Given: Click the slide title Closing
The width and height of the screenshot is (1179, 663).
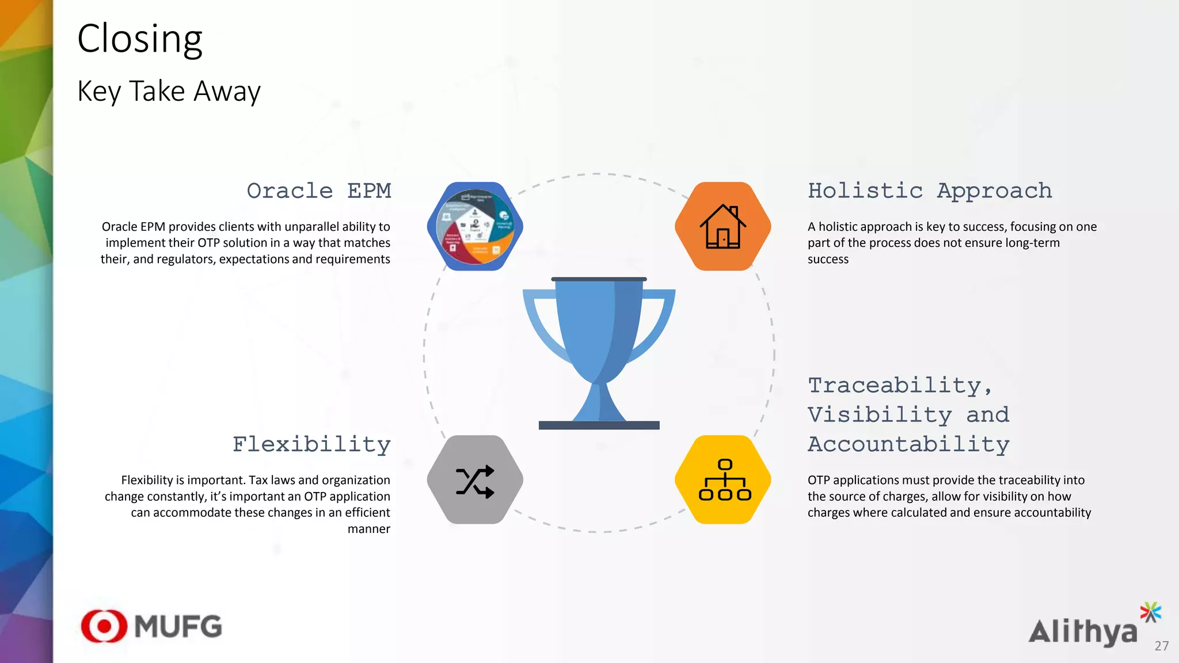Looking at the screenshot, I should (x=140, y=39).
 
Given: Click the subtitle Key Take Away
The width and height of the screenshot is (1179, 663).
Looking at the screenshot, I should (x=169, y=91).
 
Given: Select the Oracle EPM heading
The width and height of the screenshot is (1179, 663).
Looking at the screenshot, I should (x=319, y=190).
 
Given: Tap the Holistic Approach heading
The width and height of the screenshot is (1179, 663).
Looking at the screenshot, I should (x=930, y=190).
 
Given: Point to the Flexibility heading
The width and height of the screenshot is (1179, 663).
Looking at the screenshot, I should (x=311, y=444).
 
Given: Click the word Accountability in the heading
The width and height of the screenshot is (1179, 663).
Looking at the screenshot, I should (x=908, y=444).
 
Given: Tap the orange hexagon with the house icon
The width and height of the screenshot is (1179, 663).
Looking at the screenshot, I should (x=723, y=226).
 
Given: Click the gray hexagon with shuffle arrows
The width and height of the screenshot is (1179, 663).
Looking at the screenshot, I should (x=475, y=480).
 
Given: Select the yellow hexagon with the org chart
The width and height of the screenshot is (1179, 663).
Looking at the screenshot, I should (x=723, y=480).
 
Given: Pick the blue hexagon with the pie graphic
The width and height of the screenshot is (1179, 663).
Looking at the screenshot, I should (x=475, y=226).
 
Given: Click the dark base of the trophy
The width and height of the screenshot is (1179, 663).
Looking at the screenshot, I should (x=599, y=425).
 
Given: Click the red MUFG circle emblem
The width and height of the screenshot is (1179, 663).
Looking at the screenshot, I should (x=104, y=626).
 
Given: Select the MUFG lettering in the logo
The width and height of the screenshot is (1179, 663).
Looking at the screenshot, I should (x=178, y=627).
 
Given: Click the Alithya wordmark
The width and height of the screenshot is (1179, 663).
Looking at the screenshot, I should (x=1083, y=632).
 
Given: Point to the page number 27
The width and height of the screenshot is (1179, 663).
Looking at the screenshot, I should (x=1161, y=646).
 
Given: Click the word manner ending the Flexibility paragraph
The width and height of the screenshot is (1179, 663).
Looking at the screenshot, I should (x=368, y=529).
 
